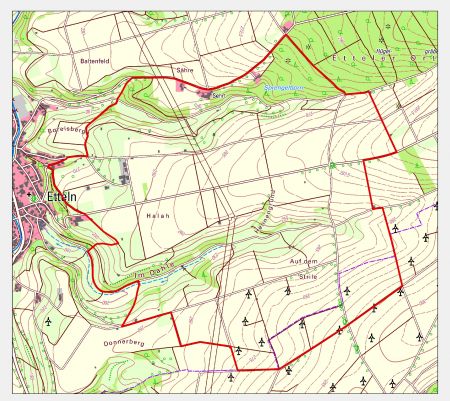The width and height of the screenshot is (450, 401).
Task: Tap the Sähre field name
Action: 184,71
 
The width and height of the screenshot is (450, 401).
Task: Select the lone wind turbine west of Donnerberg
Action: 48,321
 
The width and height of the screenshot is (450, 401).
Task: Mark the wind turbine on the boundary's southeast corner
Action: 400,291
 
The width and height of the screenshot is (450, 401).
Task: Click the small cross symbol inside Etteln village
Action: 37,198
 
